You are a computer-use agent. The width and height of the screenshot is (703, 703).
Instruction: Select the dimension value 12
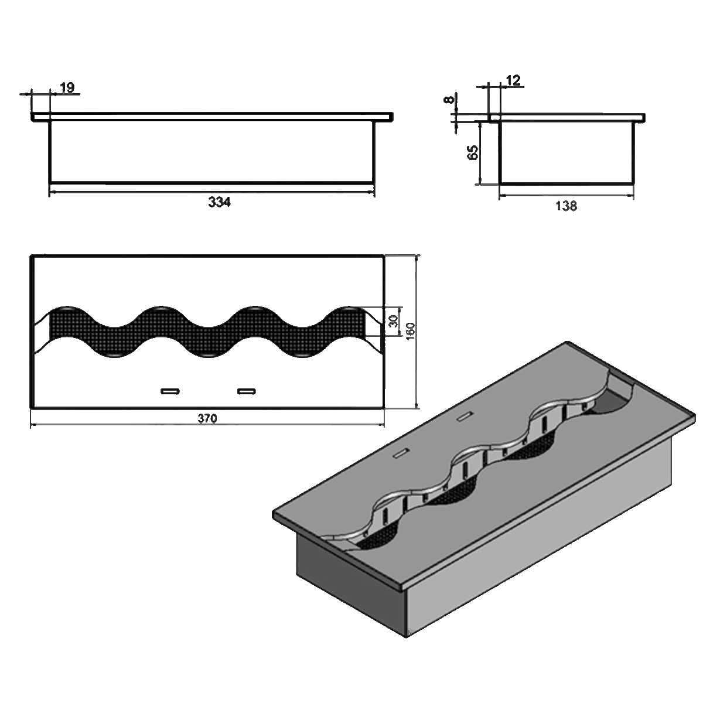tap(512, 81)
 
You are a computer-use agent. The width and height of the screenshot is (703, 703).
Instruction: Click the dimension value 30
tap(393, 321)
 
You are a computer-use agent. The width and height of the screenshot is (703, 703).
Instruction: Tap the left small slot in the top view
tap(170, 391)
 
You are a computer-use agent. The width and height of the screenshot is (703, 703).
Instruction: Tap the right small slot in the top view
tap(247, 391)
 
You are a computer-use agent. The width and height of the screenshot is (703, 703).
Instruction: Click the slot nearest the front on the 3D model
tap(401, 454)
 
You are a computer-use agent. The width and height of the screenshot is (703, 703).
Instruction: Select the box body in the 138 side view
tap(567, 152)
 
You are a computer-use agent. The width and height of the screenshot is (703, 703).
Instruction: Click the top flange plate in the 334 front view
tap(211, 117)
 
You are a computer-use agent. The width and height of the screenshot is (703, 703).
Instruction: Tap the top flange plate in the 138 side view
tap(567, 117)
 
